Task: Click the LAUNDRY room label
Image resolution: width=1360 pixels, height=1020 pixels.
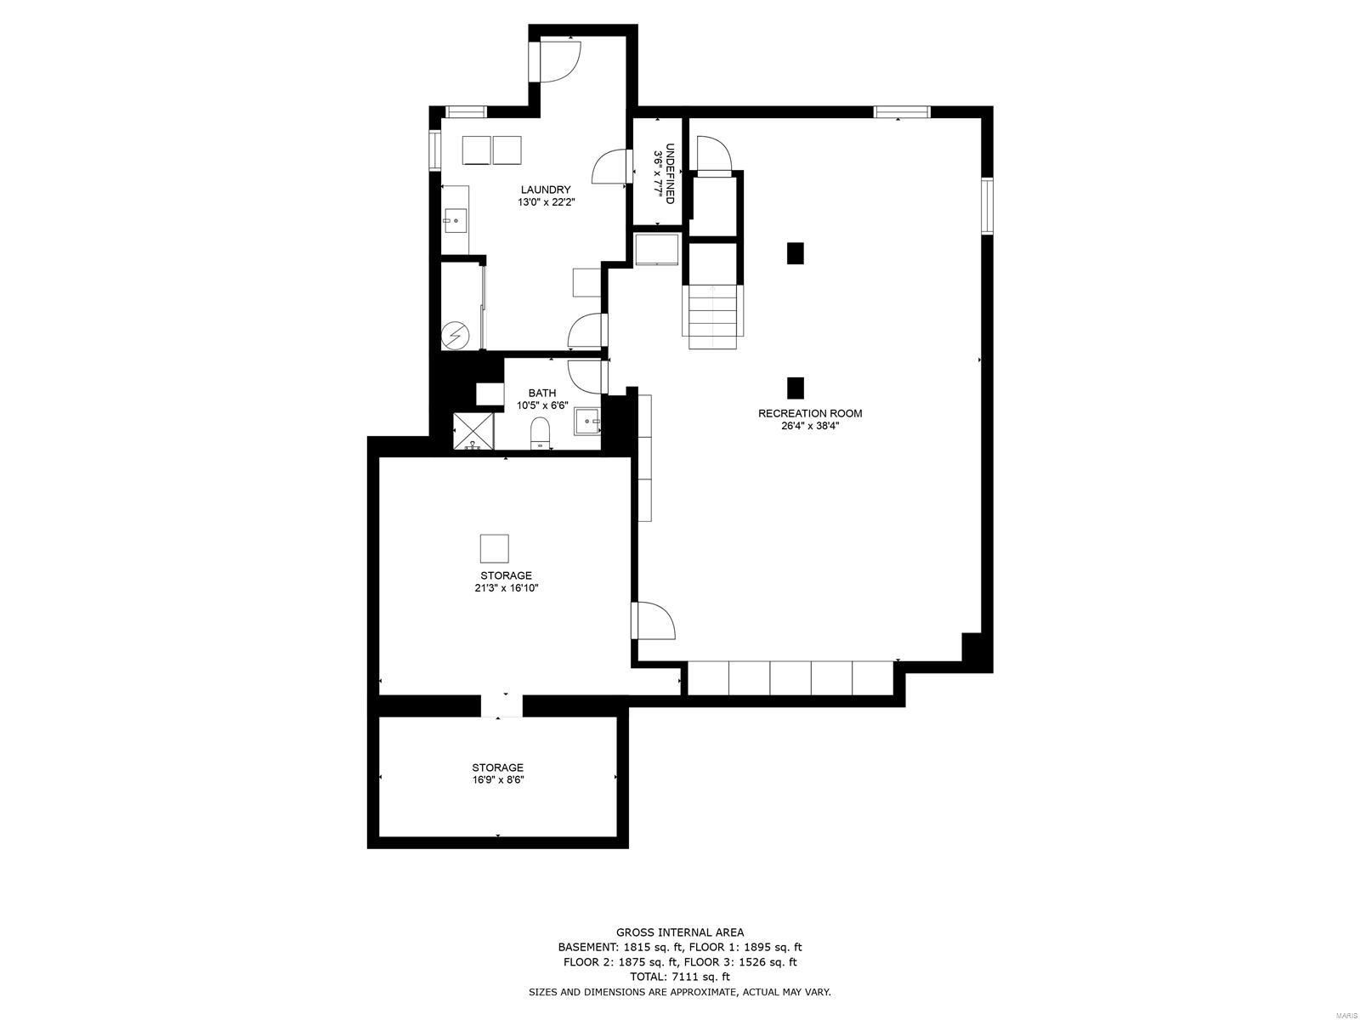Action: click(x=545, y=190)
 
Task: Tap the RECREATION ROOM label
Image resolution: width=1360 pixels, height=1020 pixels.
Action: click(x=810, y=414)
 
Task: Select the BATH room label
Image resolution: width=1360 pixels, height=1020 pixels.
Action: click(x=542, y=393)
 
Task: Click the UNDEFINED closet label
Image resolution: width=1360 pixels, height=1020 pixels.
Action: click(x=671, y=173)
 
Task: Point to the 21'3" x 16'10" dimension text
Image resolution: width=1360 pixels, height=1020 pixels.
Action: click(x=506, y=587)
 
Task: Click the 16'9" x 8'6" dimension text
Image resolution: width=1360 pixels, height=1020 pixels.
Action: click(x=498, y=779)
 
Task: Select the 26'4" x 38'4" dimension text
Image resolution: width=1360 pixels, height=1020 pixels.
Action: click(x=810, y=426)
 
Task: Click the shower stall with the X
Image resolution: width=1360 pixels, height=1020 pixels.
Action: click(x=473, y=431)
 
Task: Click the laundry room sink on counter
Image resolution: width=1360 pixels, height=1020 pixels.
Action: click(x=454, y=221)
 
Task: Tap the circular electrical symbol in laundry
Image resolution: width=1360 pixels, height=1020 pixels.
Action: click(x=456, y=337)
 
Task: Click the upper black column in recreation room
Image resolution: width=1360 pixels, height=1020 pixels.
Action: click(x=795, y=253)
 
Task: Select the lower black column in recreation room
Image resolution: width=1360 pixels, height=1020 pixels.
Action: click(x=795, y=388)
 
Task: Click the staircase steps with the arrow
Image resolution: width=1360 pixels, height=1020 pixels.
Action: click(x=712, y=316)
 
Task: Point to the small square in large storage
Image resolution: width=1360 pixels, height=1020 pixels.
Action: click(x=494, y=548)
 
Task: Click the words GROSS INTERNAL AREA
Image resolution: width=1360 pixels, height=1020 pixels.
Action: click(x=680, y=932)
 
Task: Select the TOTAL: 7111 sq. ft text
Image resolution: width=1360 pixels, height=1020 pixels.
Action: click(x=680, y=977)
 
